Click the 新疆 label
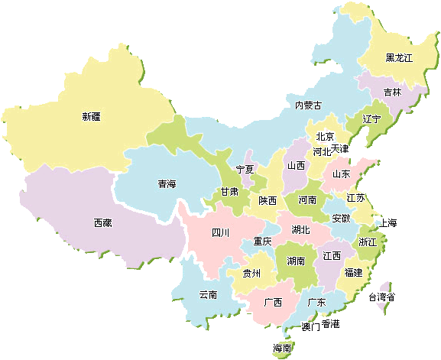tap(91, 117)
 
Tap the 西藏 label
tap(103, 223)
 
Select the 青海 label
tap(167, 184)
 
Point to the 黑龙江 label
tap(398, 58)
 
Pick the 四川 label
tap(220, 232)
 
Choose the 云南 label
tap(208, 294)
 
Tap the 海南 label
tap(282, 349)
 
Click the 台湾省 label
tap(381, 297)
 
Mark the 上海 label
tap(388, 223)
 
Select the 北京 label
tap(325, 137)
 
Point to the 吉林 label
tap(392, 92)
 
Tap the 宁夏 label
tap(245, 169)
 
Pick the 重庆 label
tap(262, 242)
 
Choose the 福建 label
tap(353, 272)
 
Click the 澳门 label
tap(310, 326)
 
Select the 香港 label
tap(330, 323)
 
